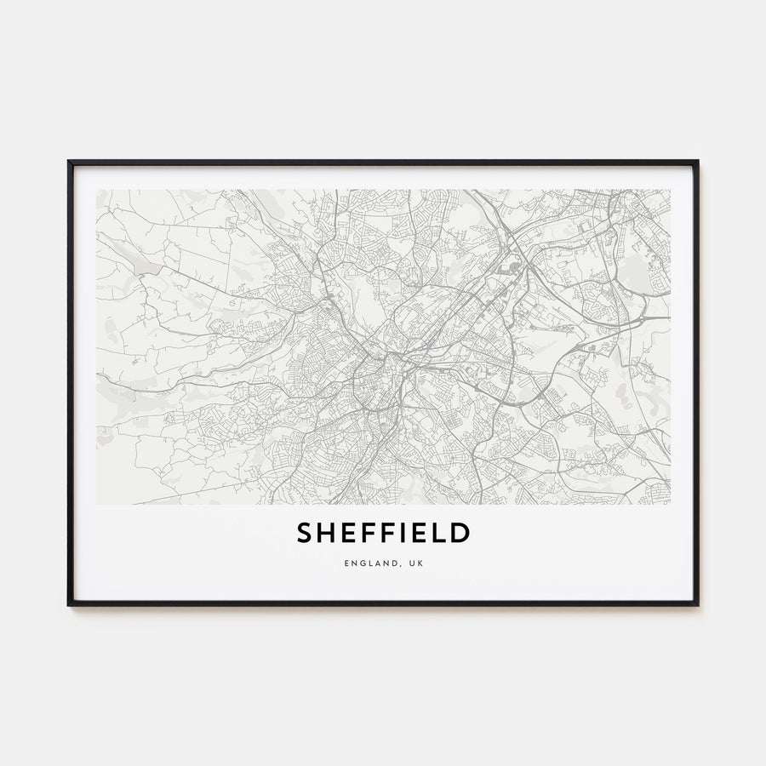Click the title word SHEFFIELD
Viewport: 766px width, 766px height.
[383, 534]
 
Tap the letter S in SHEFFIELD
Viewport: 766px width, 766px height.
[305, 534]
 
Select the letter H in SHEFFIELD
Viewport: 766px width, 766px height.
[326, 534]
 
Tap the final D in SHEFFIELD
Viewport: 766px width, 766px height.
[460, 534]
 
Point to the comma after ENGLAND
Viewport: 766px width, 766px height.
[395, 565]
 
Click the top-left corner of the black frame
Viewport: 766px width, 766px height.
[69, 162]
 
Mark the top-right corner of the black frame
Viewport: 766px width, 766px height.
[697, 162]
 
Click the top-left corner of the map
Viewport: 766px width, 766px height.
[97, 190]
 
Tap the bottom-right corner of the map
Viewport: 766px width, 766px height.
[670, 504]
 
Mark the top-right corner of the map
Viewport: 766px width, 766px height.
[670, 190]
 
